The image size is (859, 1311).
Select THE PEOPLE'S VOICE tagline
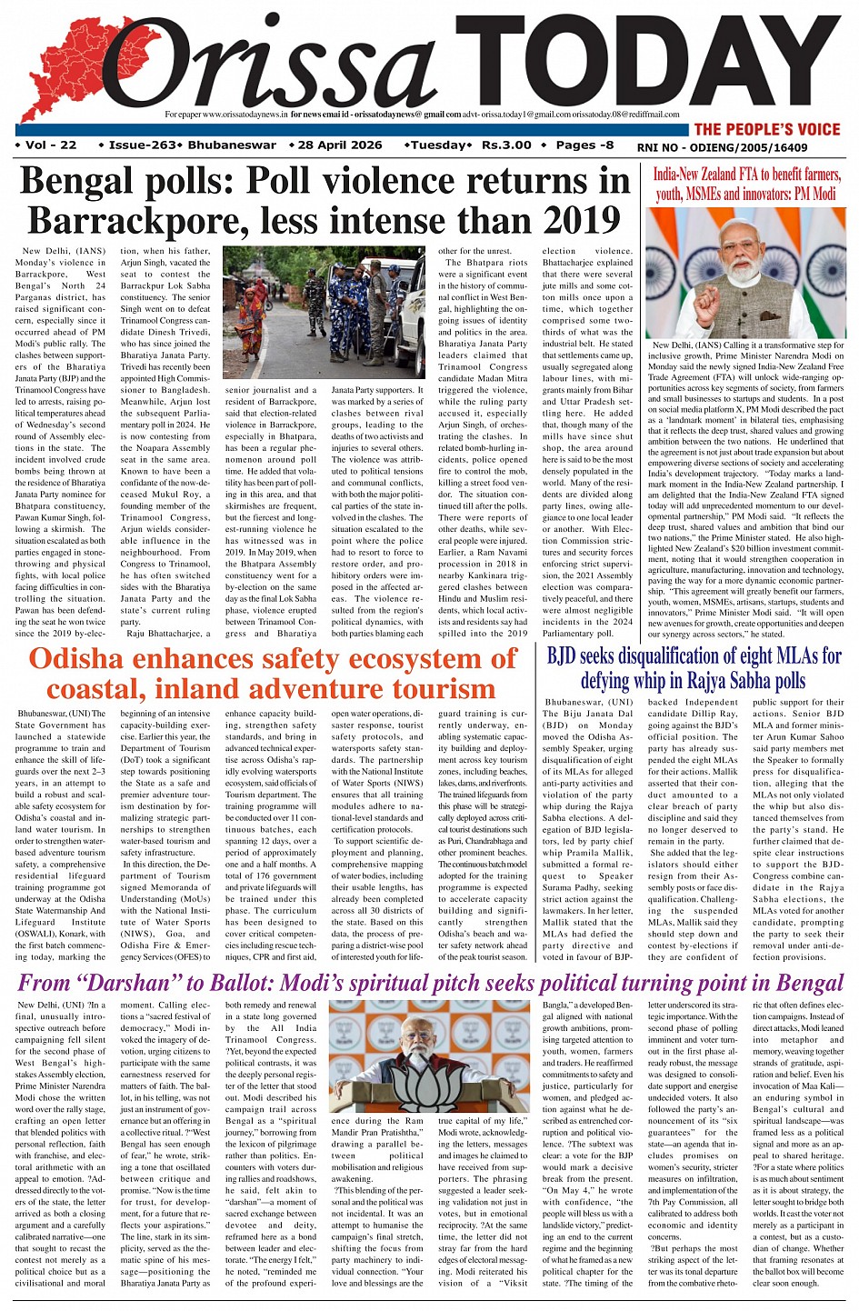click(767, 129)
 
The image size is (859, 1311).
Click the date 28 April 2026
click(339, 145)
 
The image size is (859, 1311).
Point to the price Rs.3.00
click(506, 145)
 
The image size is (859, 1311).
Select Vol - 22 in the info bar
click(46, 145)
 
